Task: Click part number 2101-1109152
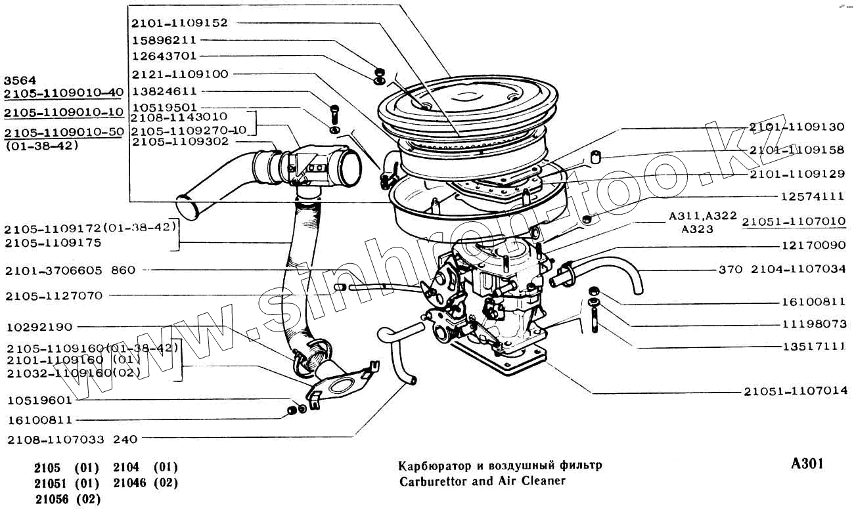[x=179, y=23]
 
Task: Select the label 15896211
[x=164, y=40]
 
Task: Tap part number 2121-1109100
[x=179, y=74]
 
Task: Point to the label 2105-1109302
[x=179, y=141]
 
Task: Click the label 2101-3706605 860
[x=70, y=270]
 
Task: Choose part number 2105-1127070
[x=53, y=296]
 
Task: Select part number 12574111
[x=812, y=196]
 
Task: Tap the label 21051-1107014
[x=796, y=392]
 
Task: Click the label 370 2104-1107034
[x=782, y=269]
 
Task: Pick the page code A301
[x=807, y=464]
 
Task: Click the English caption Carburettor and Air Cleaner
[x=482, y=480]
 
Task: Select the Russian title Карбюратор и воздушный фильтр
[x=500, y=465]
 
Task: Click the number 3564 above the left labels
[x=20, y=79]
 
